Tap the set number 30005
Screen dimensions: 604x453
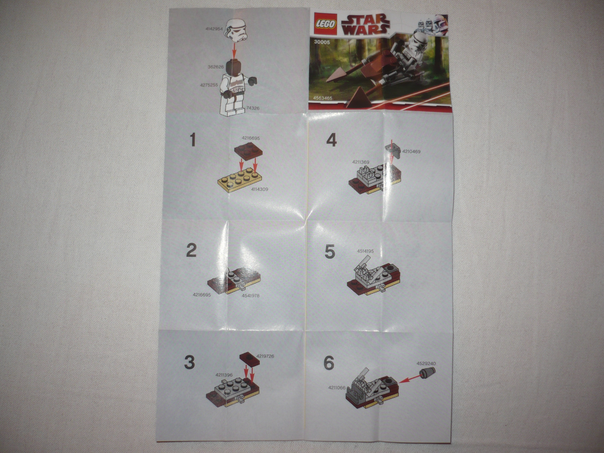[322, 42]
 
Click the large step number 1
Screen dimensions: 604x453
[193, 140]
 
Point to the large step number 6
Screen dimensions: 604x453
[329, 363]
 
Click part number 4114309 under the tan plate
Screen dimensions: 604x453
[259, 189]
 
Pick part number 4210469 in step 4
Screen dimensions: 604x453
[411, 152]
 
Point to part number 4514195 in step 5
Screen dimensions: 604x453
[365, 251]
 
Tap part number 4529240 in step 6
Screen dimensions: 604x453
[426, 363]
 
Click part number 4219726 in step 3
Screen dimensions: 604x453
[265, 356]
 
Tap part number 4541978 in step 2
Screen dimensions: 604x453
[250, 295]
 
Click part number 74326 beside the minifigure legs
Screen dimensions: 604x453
[253, 108]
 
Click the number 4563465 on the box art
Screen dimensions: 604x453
[323, 98]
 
